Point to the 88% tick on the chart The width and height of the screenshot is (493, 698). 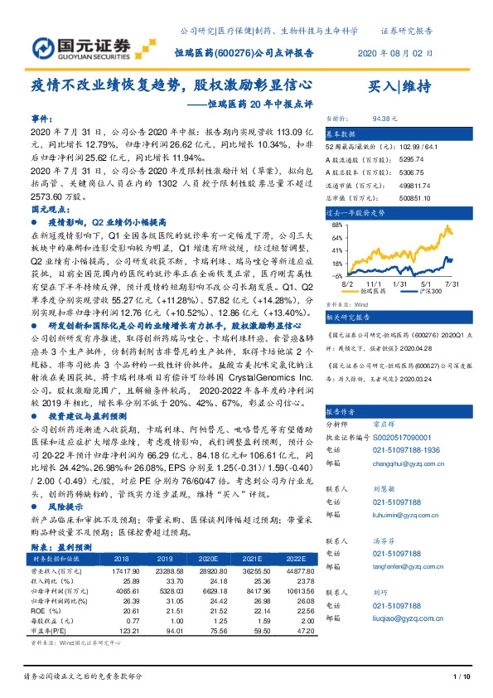(x=337, y=224)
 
